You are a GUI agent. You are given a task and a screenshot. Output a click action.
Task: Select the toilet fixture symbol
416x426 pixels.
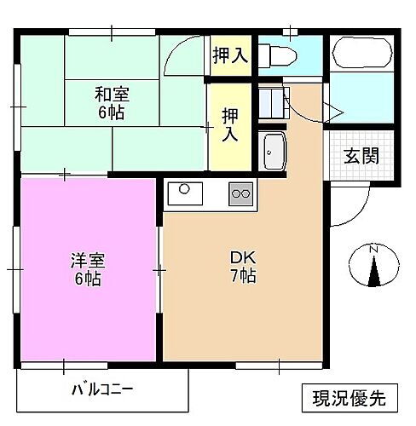(280, 55)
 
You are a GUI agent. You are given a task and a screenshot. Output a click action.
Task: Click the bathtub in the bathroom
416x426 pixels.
(360, 55)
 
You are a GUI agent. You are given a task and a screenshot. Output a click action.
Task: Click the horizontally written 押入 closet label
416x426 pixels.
(230, 56)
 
